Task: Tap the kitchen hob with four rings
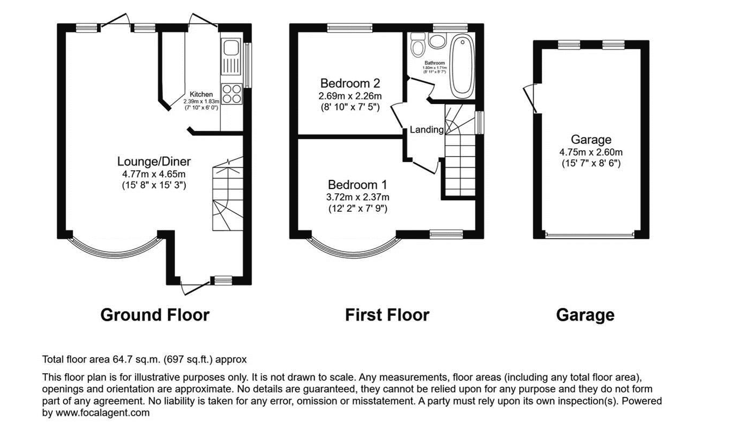pyautogui.click(x=232, y=94)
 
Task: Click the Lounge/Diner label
pyautogui.click(x=154, y=162)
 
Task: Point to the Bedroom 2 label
pyautogui.click(x=350, y=83)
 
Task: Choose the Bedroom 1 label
pyautogui.click(x=358, y=184)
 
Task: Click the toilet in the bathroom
pyautogui.click(x=417, y=46)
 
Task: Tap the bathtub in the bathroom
pyautogui.click(x=462, y=67)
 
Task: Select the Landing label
pyautogui.click(x=427, y=130)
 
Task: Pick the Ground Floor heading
pyautogui.click(x=155, y=315)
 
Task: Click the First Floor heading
pyautogui.click(x=387, y=315)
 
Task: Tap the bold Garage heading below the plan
pyautogui.click(x=585, y=315)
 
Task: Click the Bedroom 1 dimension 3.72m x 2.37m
pyautogui.click(x=358, y=197)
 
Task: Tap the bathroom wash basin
pyautogui.click(x=436, y=41)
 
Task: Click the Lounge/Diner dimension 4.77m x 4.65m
pyautogui.click(x=154, y=174)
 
